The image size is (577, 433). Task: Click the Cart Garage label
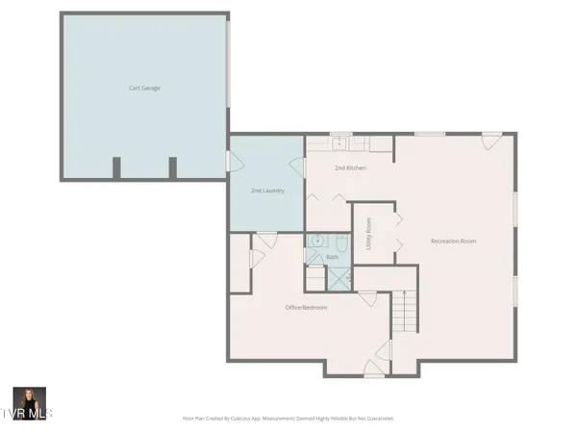(x=144, y=88)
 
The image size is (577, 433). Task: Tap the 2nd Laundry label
(x=266, y=191)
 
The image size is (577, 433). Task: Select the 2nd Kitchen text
(x=349, y=168)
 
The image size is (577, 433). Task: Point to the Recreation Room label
(x=454, y=241)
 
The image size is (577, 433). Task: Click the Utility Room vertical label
(x=369, y=234)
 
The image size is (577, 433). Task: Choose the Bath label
(x=333, y=257)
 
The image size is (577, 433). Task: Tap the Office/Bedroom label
(x=306, y=307)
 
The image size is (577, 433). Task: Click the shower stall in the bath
(x=339, y=278)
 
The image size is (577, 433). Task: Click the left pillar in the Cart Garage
(x=116, y=167)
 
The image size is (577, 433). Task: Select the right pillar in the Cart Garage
(x=173, y=167)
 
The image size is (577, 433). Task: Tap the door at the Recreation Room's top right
(x=489, y=140)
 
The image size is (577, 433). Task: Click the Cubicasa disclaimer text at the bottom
(x=288, y=419)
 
